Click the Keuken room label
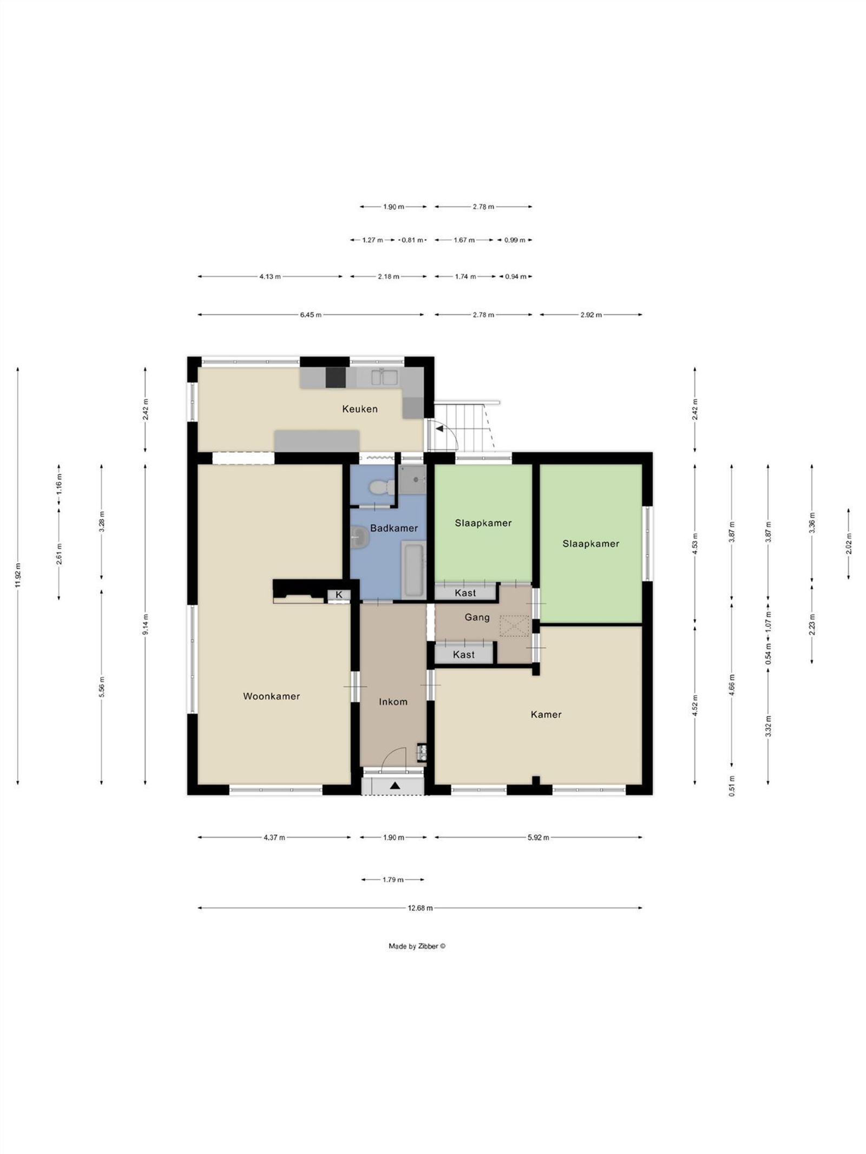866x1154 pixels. coord(359,409)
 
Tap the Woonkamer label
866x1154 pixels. coord(271,696)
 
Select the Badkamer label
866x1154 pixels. coord(393,528)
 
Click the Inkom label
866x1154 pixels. coord(393,702)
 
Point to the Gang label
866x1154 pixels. coord(477,617)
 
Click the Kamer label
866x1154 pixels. coord(546,715)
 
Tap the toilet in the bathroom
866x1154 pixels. coord(381,487)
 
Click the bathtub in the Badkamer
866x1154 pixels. coord(414,570)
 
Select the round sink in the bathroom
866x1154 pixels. coord(359,538)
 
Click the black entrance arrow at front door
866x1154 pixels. coord(395,786)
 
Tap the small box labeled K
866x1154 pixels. coord(339,595)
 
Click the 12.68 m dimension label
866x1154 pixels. coord(420,908)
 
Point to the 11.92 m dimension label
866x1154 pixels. coord(18,577)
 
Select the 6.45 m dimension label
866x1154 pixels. coord(311,315)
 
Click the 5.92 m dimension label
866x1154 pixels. coord(538,838)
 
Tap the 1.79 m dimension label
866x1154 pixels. coord(393,880)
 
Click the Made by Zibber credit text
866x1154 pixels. coord(417,946)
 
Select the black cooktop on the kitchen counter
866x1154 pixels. coord(336,377)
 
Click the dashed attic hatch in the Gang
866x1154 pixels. coord(514,625)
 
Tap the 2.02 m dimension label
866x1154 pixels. coord(848,544)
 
